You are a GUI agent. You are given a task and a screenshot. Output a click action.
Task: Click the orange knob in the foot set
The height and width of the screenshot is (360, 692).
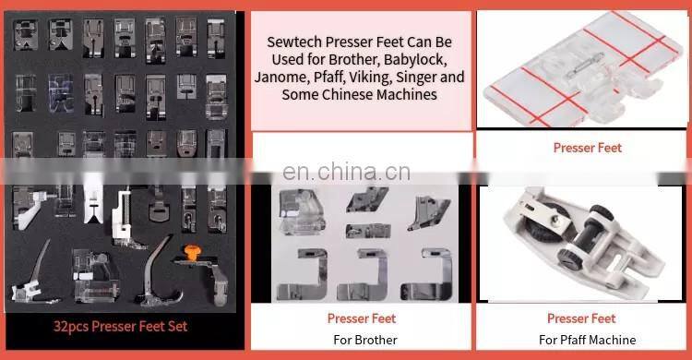point(193,252)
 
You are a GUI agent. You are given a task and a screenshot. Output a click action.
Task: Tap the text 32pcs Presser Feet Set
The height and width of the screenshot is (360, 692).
point(120,327)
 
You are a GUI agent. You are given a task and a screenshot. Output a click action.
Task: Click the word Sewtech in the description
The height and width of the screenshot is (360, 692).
point(294,42)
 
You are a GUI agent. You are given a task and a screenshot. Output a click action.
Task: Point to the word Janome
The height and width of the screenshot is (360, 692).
point(280,78)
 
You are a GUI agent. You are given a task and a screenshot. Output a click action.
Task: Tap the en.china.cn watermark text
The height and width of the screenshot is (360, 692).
point(346,172)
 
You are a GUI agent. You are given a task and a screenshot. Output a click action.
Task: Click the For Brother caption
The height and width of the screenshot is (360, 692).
point(365,340)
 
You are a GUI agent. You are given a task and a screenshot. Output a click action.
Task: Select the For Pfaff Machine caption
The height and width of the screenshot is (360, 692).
point(588,340)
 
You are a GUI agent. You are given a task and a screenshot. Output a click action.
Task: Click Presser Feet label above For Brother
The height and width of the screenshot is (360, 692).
point(362,318)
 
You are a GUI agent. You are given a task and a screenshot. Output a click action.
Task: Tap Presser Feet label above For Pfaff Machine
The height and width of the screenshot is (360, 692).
point(581,318)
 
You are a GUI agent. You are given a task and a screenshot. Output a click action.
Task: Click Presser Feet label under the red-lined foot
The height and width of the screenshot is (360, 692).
point(588,148)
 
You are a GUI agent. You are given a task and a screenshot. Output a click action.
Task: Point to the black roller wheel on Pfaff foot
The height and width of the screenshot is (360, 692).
point(547,226)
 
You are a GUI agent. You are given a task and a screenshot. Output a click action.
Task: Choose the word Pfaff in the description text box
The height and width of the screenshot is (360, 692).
point(328,78)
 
